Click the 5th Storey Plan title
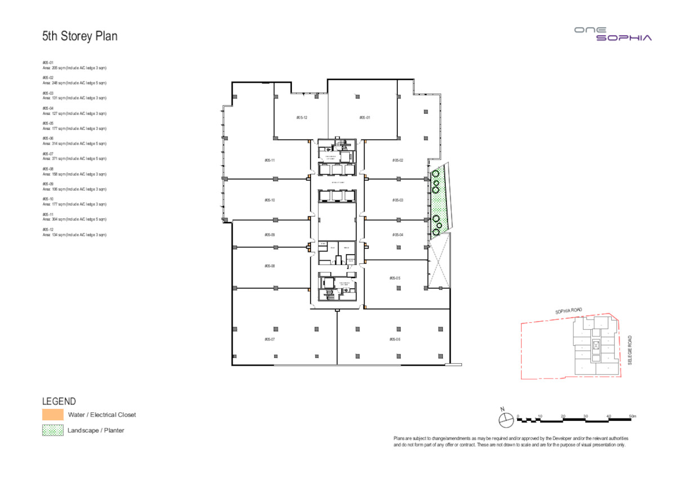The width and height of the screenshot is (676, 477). [79, 37]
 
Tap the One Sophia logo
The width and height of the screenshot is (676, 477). [613, 34]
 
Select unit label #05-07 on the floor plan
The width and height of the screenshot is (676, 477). [269, 339]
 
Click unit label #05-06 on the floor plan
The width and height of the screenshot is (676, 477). [394, 339]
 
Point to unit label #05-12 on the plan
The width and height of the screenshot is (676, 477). [301, 118]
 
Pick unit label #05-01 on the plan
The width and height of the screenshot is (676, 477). [364, 118]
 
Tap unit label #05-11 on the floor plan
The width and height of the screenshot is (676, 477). [269, 160]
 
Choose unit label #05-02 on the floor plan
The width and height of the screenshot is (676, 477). [398, 160]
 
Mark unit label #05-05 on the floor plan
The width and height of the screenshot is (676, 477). [394, 278]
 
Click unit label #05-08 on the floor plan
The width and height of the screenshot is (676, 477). [269, 265]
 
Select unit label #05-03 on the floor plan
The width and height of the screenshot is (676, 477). [398, 200]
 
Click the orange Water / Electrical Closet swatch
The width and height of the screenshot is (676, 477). [53, 415]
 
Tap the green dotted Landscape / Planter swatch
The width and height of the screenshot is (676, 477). [53, 430]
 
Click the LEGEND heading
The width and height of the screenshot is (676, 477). [59, 401]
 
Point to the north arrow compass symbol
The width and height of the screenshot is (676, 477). [504, 418]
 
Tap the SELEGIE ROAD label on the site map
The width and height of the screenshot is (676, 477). [630, 350]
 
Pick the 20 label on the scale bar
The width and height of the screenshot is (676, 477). [563, 416]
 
